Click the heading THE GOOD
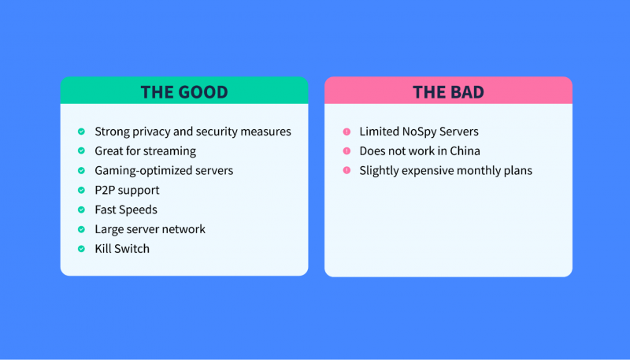pos(184,92)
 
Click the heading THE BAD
pos(448,92)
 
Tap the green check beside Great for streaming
pos(81,150)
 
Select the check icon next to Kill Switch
pos(81,249)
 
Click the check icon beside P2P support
pos(81,190)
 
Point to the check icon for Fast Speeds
pos(81,210)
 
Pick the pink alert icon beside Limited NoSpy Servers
pos(346,132)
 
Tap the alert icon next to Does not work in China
pos(346,150)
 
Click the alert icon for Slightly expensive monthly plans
pos(346,170)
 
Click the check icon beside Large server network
pos(81,229)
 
